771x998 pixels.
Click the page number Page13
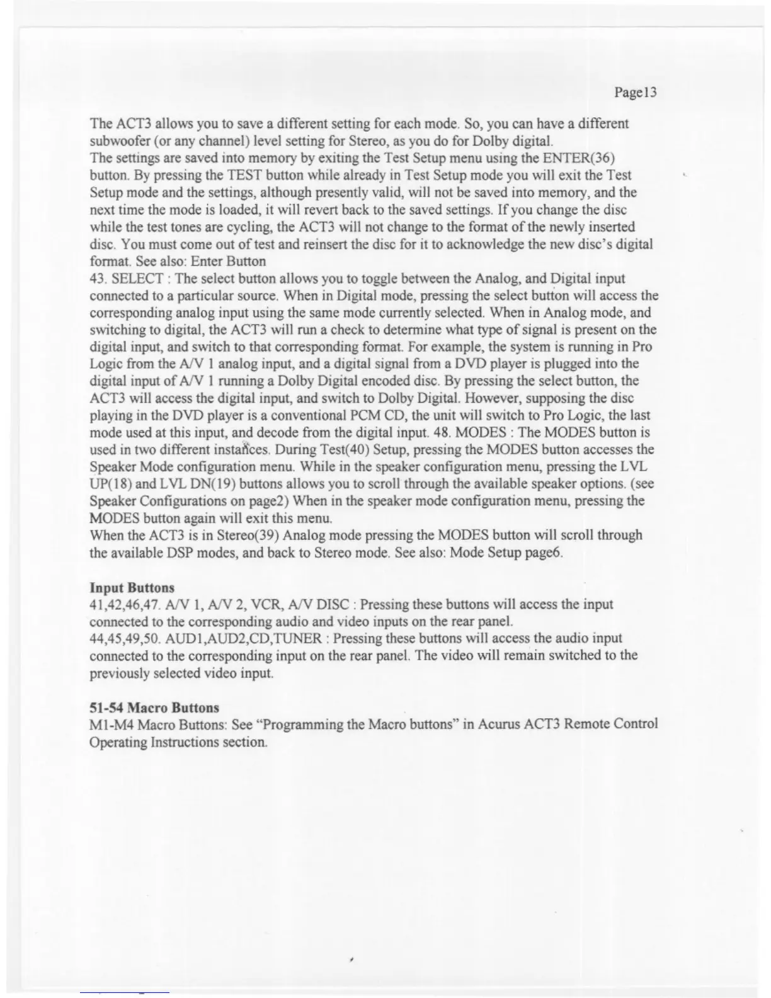[635, 93]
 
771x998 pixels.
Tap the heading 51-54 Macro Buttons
[155, 708]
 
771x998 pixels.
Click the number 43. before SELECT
[100, 278]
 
